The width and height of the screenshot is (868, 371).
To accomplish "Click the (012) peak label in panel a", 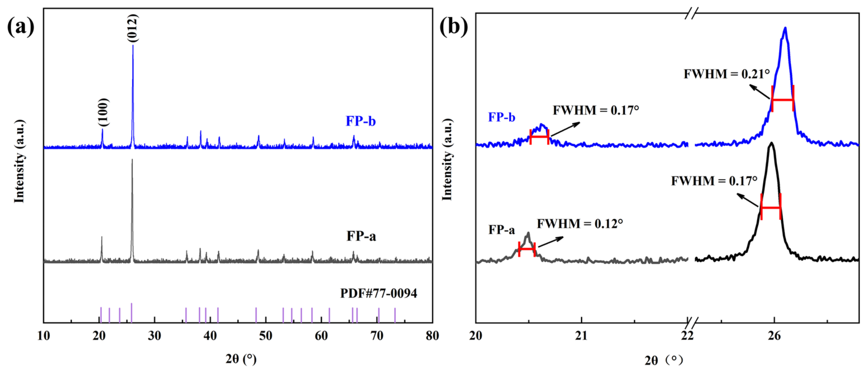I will (133, 28).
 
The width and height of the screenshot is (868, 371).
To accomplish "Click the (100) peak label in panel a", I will (103, 113).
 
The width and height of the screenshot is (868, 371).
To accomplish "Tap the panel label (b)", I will (454, 26).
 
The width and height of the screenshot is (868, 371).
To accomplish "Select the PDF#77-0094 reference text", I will (379, 294).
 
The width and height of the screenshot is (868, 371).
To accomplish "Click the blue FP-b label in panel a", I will (361, 121).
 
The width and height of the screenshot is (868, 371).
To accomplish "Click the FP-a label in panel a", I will (361, 236).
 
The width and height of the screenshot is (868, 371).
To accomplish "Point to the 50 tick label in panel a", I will (265, 336).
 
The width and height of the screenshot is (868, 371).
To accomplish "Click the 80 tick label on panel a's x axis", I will (432, 336).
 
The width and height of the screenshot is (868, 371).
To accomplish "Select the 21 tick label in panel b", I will (581, 336).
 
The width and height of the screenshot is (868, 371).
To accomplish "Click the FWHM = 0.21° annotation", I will (726, 74).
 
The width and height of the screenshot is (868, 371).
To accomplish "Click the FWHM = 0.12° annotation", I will (579, 224).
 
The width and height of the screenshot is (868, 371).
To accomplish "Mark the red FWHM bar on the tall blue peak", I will (783, 99).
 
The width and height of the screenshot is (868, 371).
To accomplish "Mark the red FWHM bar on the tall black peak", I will (771, 207).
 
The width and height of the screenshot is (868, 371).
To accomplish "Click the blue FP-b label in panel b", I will (501, 117).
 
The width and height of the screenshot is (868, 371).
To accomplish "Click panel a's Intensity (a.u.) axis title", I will (19, 161).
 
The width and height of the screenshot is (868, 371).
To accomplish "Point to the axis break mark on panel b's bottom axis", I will (692, 321).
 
